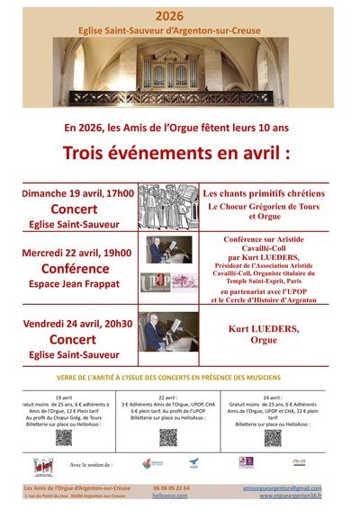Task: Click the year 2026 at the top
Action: click(180, 16)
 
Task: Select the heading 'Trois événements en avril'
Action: click(180, 150)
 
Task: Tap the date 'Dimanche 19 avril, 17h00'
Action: click(78, 192)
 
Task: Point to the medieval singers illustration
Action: click(168, 207)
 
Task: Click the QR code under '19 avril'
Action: click(64, 437)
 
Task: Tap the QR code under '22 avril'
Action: click(168, 437)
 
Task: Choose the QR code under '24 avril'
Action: click(273, 437)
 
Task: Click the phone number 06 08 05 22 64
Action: click(170, 487)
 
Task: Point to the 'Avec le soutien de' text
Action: click(91, 466)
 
